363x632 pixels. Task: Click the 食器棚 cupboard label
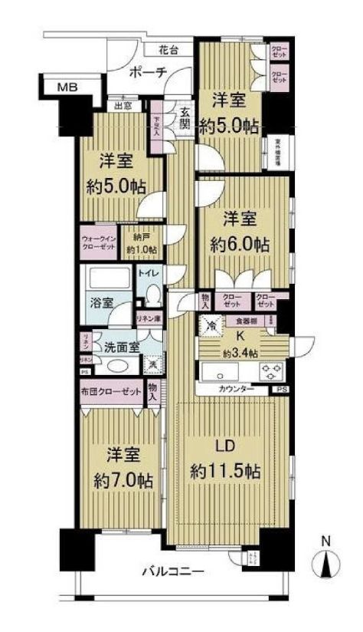[x=247, y=322]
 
